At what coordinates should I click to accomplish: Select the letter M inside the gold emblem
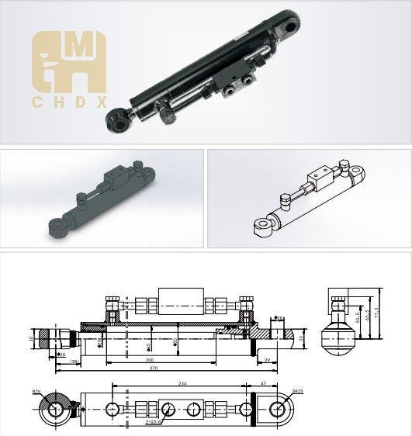[78, 48]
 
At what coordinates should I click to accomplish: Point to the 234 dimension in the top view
[183, 384]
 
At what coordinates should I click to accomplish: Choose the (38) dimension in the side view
[74, 362]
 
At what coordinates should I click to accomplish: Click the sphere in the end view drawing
[338, 339]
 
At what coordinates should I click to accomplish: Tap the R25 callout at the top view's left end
[37, 393]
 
